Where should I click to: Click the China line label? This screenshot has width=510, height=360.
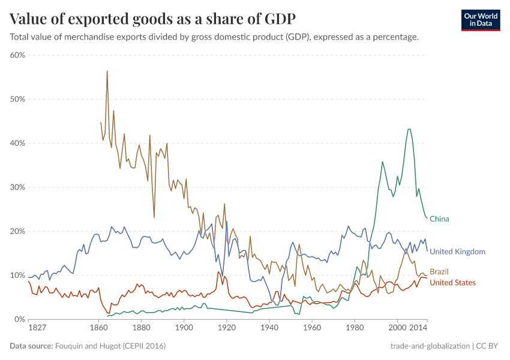439,219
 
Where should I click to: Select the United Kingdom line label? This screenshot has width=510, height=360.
457,251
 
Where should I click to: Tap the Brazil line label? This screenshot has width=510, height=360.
439,272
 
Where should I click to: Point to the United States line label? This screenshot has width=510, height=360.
452,283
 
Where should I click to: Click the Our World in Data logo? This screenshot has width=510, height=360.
481,19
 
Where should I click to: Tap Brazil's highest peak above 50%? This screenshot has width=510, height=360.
107,71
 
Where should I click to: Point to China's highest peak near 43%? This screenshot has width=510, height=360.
409,129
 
